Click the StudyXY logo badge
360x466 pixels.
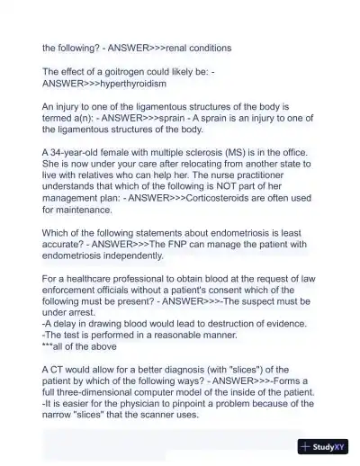[323, 445]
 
